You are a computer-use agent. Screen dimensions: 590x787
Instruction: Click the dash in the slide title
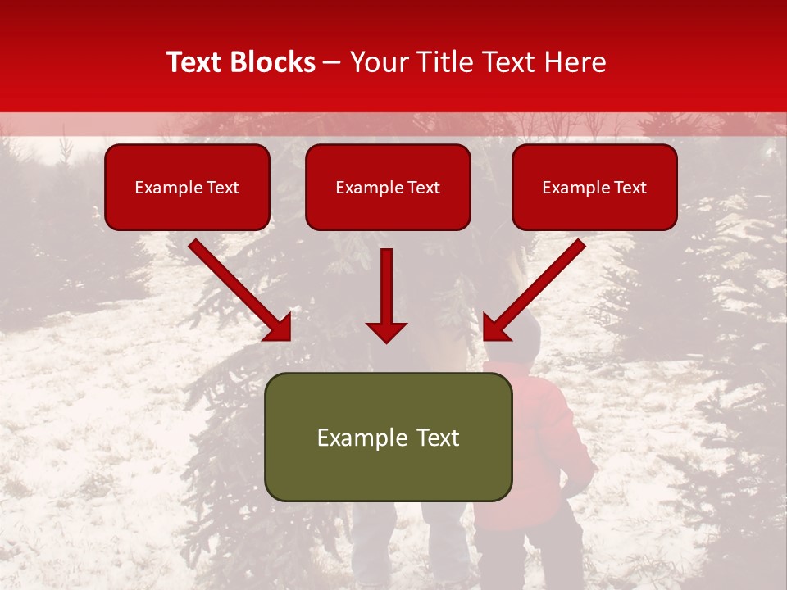click(x=332, y=62)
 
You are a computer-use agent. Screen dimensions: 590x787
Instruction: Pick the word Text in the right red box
click(x=630, y=188)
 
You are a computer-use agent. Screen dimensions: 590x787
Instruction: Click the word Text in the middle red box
click(x=424, y=188)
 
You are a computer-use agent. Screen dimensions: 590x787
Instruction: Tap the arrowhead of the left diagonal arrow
click(x=279, y=328)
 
